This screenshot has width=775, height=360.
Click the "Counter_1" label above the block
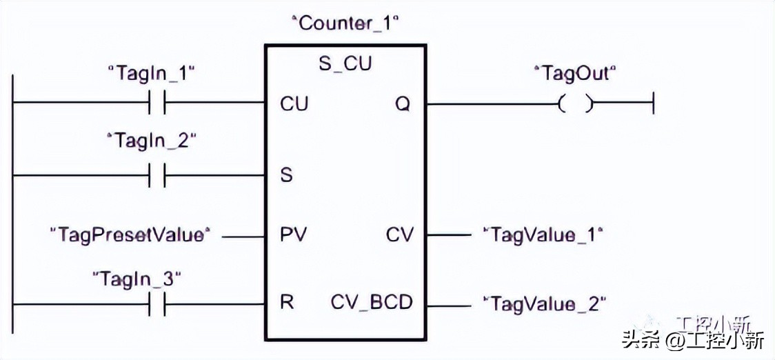[x=346, y=23]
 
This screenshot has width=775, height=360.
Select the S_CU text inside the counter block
[x=345, y=64]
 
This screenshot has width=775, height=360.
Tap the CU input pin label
[x=294, y=104]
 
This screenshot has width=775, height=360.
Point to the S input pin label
[x=286, y=175]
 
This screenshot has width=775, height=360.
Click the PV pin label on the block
[x=294, y=235]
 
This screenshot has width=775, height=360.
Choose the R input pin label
[x=287, y=303]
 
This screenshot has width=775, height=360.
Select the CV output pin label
[x=400, y=235]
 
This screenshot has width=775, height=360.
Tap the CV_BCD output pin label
[x=372, y=303]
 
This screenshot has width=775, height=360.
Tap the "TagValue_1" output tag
[x=543, y=235]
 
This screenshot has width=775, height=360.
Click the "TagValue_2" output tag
[x=545, y=303]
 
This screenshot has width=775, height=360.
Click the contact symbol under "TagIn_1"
[x=157, y=104]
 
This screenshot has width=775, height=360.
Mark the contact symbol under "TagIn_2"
[x=157, y=175]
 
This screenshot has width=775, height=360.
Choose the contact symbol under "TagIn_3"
[x=157, y=304]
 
